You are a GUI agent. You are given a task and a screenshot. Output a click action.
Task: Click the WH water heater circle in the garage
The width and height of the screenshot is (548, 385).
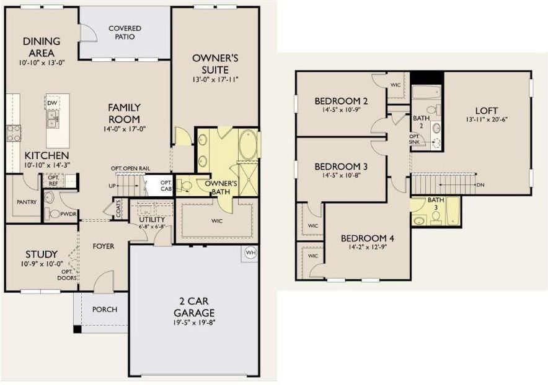pos(251,253)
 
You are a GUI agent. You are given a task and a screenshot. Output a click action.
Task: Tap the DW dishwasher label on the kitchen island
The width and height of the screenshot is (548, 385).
pos(52,103)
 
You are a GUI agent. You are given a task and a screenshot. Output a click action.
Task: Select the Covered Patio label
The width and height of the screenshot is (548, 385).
pos(125,32)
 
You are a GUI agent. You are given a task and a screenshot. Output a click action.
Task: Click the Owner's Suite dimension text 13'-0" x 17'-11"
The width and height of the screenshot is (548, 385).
pos(215,80)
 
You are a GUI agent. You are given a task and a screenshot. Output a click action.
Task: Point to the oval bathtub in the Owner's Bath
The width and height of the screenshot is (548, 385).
pos(248,145)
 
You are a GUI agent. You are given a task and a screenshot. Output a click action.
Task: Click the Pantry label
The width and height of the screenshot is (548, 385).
pos(27,202)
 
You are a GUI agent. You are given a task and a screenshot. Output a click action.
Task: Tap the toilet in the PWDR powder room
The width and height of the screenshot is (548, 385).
pos(53,214)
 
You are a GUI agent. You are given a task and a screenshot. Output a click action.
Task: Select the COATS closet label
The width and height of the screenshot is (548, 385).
pos(118,209)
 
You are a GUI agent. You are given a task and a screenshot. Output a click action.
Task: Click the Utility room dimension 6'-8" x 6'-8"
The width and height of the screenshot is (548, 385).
pos(152,227)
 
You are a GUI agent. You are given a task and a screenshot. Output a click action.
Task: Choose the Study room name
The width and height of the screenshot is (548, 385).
pos(42,254)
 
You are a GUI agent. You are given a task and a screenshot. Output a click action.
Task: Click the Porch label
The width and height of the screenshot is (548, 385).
pos(105,309)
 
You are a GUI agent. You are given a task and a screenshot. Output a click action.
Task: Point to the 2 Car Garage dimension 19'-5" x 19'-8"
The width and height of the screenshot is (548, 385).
pos(194,322)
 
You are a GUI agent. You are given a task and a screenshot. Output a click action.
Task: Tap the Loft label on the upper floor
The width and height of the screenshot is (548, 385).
pos(487,111)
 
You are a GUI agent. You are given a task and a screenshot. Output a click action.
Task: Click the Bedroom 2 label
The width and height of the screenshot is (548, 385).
pos(341,102)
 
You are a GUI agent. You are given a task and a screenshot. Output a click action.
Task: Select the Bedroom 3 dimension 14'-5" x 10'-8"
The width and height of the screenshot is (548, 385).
pos(341,175)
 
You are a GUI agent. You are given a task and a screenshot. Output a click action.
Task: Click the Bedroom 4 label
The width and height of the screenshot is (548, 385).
pos(368,238)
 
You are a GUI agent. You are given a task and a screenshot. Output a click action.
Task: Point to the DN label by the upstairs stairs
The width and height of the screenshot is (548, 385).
pos(480,184)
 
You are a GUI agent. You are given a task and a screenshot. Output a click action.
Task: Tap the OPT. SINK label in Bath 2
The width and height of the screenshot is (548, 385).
pos(415,139)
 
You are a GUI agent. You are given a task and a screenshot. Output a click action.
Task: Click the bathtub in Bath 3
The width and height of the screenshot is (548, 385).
pos(453,211)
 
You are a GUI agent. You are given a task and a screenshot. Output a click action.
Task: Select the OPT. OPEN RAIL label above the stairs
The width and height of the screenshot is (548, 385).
pos(131,168)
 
